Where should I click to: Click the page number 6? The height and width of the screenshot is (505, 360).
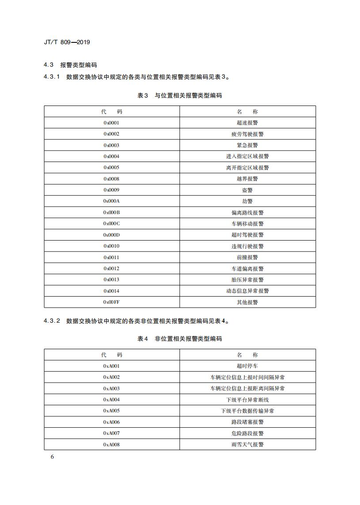(x=52, y=456)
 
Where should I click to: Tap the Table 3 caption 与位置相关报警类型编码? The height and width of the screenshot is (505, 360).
(x=180, y=95)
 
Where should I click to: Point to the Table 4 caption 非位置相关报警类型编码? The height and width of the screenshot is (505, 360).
(x=180, y=339)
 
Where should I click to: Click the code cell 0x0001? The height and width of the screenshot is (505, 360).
(x=112, y=123)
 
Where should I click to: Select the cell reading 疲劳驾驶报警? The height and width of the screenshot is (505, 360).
(x=247, y=134)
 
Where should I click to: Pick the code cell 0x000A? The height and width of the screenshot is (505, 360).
(x=112, y=201)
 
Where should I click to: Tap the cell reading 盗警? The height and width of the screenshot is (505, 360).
(x=247, y=190)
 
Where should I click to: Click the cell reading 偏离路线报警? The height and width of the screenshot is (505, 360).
(x=247, y=213)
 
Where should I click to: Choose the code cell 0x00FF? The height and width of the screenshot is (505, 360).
(x=112, y=302)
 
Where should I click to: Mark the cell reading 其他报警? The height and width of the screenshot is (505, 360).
(x=247, y=302)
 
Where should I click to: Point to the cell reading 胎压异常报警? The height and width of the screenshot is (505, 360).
(x=247, y=280)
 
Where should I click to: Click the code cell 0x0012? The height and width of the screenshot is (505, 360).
(x=112, y=268)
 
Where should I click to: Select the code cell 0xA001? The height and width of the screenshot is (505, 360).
(x=112, y=366)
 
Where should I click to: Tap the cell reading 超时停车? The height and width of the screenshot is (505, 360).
(x=247, y=366)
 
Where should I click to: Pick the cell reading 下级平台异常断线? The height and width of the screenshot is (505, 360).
(x=247, y=399)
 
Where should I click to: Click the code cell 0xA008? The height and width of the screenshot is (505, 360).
(x=112, y=445)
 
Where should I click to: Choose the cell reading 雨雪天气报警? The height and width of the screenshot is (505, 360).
(x=247, y=445)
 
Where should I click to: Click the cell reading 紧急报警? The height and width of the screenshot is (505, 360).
(x=247, y=145)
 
